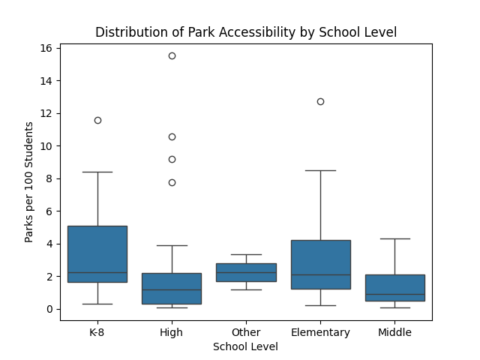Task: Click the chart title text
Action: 245,32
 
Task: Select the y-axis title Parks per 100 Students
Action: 29,181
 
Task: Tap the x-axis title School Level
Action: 245,346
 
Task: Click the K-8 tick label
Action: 97,332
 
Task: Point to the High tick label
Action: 172,332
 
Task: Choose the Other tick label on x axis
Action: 246,332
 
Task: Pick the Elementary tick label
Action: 320,332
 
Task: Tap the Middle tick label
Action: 394,332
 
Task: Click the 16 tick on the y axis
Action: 46,48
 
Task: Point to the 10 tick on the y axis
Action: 46,145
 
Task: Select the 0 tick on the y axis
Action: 49,309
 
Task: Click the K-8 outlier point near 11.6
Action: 97,120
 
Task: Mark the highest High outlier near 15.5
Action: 172,55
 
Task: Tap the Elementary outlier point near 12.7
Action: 320,101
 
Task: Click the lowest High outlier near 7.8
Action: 172,182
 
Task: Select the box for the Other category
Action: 246,272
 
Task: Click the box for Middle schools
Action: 394,287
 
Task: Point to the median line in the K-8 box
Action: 97,272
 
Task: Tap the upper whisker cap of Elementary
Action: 320,170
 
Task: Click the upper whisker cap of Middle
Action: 394,238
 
